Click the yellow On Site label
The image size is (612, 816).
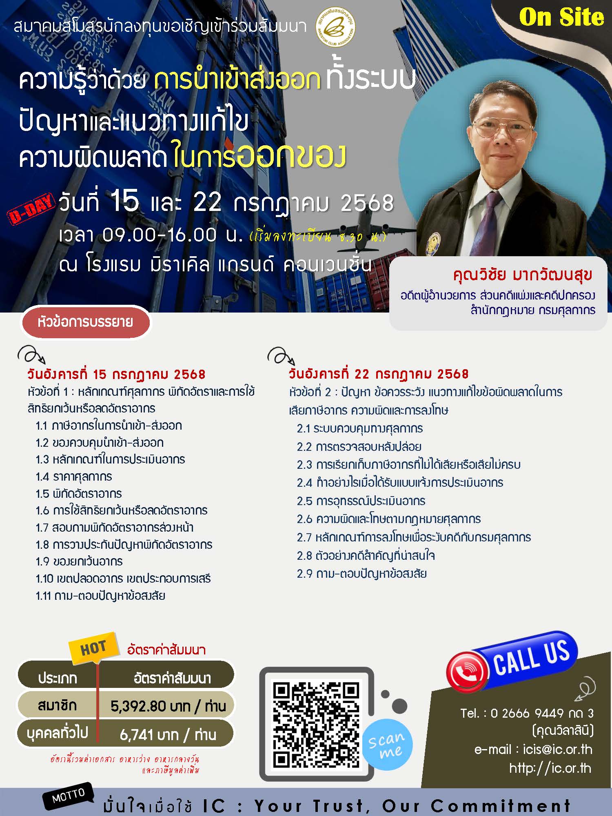tap(561, 18)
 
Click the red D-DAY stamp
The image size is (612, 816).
tap(31, 209)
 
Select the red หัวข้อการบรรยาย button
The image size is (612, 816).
tap(85, 322)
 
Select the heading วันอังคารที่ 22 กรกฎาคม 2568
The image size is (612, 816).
tap(379, 374)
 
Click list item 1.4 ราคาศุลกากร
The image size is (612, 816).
tap(74, 477)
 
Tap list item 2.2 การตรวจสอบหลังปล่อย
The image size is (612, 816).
tap(359, 447)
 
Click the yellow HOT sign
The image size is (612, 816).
tap(93, 647)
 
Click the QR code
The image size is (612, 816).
tap(316, 725)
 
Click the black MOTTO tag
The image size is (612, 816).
tap(69, 796)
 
